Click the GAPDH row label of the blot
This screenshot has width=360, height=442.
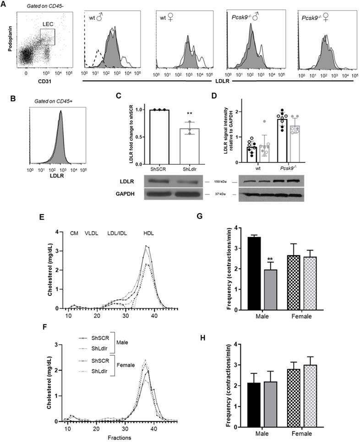[x=124, y=194]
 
